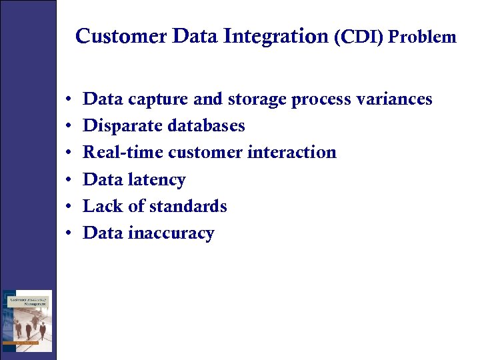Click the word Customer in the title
(121, 36)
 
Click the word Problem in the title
(423, 37)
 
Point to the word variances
(394, 99)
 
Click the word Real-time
(123, 153)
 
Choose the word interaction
(292, 153)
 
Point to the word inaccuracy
(171, 233)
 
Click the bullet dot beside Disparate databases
(69, 127)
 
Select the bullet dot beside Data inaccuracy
(69, 234)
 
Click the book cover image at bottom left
(27, 321)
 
